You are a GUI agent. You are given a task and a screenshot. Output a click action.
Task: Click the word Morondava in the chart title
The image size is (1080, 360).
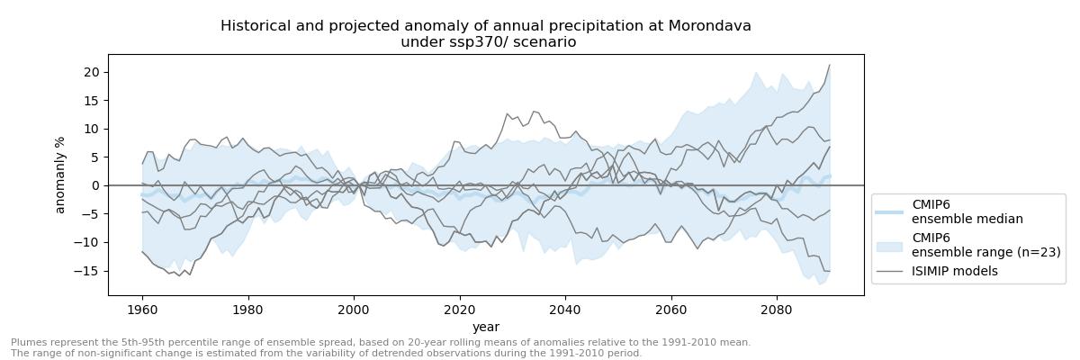coord(709,26)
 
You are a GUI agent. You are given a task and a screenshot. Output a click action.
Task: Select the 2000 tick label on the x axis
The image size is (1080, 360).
coord(354,308)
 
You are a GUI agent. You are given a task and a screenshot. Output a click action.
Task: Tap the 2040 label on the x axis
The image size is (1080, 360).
coord(565,308)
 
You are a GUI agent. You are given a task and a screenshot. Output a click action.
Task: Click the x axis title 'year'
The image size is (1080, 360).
coord(486,328)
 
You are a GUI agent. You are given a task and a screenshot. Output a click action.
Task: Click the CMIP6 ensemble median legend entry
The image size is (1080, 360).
coord(967,211)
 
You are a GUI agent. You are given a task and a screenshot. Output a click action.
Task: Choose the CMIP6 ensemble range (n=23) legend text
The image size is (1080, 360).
coord(985,245)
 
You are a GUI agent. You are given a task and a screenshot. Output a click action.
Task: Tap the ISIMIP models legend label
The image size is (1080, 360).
coord(954,271)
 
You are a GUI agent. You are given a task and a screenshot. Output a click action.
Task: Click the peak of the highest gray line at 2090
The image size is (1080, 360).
coord(829,65)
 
